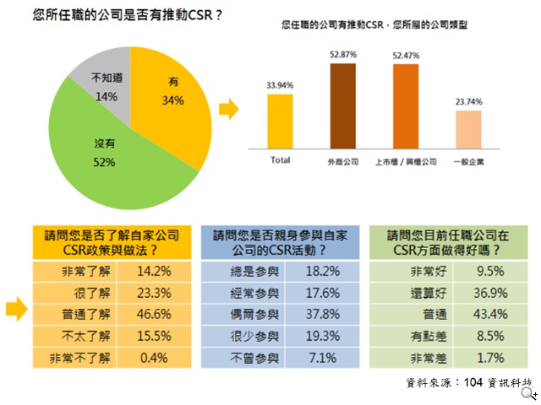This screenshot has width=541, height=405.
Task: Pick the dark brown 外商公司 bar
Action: pyautogui.click(x=342, y=106)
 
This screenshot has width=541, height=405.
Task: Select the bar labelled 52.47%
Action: pyautogui.click(x=406, y=106)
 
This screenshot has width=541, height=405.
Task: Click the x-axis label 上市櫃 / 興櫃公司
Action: pyautogui.click(x=406, y=160)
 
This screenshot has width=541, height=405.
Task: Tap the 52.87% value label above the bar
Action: pyautogui.click(x=342, y=55)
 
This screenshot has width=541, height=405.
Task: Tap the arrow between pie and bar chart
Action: pyautogui.click(x=227, y=108)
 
